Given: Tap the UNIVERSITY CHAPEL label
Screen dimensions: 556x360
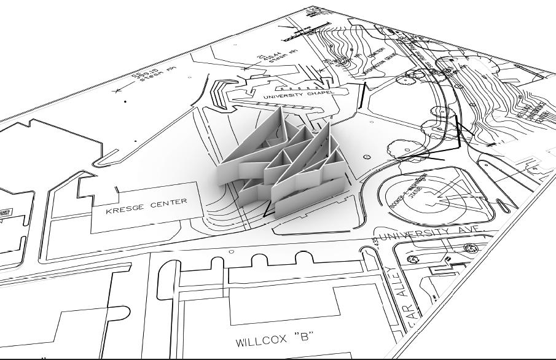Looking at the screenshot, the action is pyautogui.click(x=297, y=96).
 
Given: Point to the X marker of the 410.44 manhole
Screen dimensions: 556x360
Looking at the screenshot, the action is pyautogui.click(x=245, y=69).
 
